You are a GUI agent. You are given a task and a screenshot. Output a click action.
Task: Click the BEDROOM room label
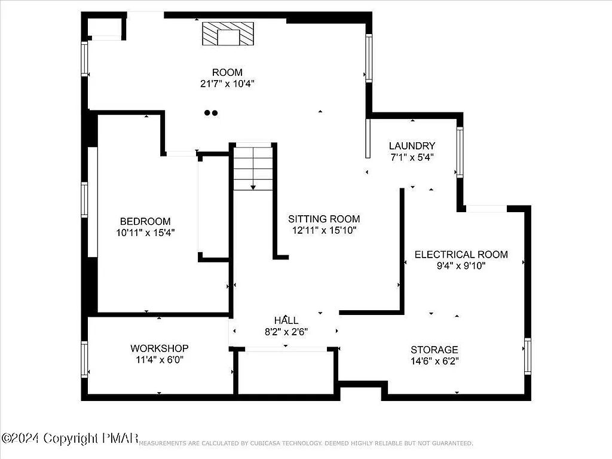click(145, 221)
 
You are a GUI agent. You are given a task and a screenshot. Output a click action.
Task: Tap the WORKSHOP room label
click(160, 348)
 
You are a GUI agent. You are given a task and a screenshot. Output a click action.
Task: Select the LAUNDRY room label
click(412, 146)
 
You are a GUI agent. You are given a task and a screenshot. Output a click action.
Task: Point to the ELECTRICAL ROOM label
click(461, 255)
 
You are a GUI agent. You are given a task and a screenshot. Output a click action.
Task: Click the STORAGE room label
click(434, 350)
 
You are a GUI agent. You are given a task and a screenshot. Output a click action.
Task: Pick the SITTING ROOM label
click(324, 219)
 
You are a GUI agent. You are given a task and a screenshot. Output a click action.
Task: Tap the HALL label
click(286, 321)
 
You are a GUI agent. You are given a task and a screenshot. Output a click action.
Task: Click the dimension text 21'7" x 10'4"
click(227, 84)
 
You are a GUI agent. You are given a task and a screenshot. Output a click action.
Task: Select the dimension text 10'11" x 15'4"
click(145, 232)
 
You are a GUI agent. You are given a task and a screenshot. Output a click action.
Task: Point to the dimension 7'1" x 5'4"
click(411, 157)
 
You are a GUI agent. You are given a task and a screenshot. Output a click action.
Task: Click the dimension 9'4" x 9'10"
click(461, 266)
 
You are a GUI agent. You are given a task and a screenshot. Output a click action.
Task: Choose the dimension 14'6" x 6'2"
click(434, 361)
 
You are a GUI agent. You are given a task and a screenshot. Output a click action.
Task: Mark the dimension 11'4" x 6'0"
click(160, 360)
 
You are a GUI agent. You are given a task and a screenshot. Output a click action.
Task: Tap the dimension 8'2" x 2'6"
click(286, 332)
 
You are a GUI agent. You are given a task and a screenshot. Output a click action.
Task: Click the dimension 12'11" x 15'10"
click(324, 230)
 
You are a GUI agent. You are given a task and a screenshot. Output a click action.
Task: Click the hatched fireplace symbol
click(228, 35)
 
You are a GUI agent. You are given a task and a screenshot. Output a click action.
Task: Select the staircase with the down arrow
click(253, 167)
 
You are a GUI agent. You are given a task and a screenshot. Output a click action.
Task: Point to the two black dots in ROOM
click(210, 112)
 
